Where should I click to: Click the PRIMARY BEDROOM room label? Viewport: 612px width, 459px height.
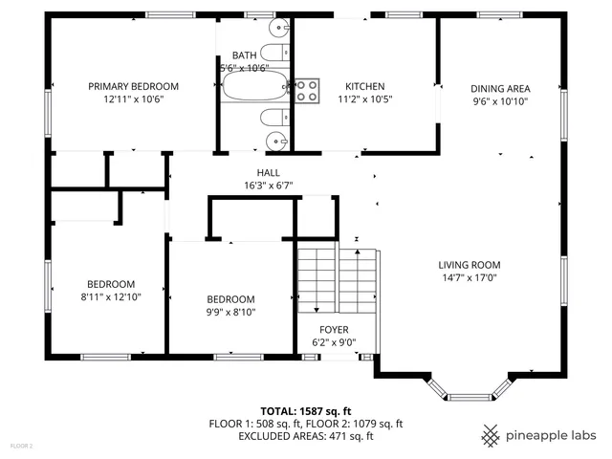[133, 86]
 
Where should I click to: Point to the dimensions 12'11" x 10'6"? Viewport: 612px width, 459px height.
[133, 98]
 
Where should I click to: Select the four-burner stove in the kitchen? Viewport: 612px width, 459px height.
[306, 91]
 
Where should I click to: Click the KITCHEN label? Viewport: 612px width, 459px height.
[364, 86]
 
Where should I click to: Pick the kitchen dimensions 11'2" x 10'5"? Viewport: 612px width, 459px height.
[364, 98]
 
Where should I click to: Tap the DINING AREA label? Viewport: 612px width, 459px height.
[500, 89]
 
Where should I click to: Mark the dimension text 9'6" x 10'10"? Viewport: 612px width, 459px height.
[500, 101]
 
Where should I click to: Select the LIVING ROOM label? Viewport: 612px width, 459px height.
[470, 265]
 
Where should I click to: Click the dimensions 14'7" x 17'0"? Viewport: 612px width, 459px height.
[470, 278]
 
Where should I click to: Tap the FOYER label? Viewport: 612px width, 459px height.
[334, 329]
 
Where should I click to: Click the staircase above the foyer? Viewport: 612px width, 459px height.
[337, 278]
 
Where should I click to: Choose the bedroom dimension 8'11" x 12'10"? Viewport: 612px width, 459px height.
[111, 296]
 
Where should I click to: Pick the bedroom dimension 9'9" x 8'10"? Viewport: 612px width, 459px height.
[230, 311]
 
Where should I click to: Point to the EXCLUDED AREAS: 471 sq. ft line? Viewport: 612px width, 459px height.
[306, 436]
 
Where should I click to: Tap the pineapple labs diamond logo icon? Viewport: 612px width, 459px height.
[491, 435]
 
